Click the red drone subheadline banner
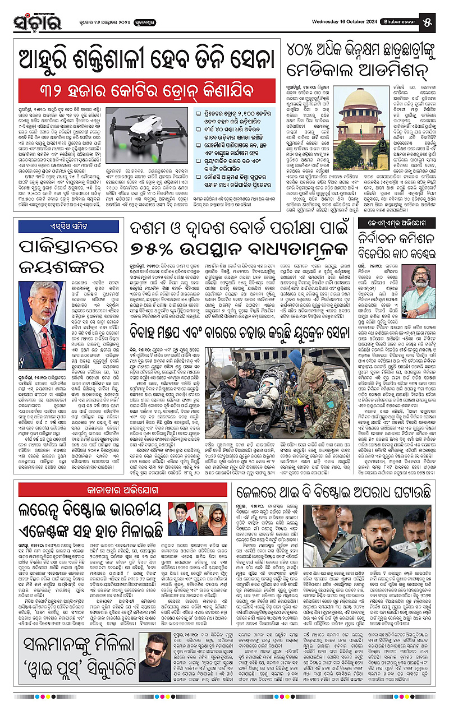(x=146, y=90)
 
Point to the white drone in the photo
(x=146, y=126)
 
